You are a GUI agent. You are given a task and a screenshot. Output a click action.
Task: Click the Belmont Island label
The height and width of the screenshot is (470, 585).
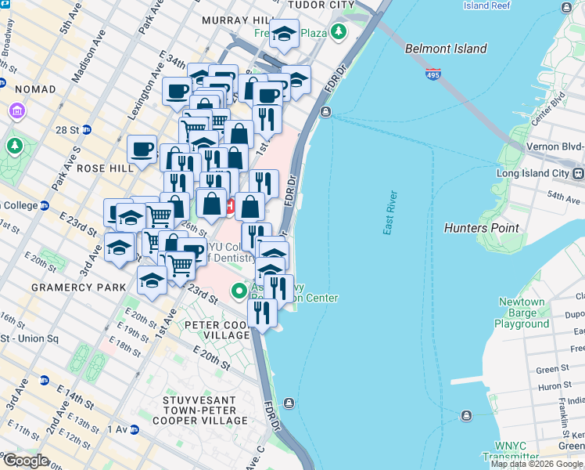[x=446, y=49]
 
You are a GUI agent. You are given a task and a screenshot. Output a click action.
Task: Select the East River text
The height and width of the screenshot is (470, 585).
[x=390, y=213]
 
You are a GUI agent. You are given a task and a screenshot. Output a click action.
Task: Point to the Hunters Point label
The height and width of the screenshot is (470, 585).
[x=481, y=228]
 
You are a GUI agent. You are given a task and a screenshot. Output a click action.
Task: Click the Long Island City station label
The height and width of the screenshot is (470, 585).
[x=535, y=173]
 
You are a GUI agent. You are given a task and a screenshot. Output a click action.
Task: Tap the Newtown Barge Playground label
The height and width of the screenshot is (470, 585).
[x=522, y=313]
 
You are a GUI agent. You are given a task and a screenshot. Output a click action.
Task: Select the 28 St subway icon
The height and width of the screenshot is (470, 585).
[x=87, y=129]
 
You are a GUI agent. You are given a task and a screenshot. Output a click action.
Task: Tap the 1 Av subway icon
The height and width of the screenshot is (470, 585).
[x=134, y=429]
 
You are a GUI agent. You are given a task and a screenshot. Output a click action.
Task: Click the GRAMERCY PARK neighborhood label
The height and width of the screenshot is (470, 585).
[x=78, y=287]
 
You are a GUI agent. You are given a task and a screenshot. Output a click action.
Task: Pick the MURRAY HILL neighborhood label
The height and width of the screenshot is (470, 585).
[x=235, y=20]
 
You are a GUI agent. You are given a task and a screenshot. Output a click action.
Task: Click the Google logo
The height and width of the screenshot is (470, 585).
[x=25, y=461]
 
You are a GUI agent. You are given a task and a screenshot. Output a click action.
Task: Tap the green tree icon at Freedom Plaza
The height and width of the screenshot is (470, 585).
[x=338, y=33]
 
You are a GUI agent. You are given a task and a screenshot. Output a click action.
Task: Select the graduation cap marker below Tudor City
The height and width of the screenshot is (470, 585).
[x=284, y=34]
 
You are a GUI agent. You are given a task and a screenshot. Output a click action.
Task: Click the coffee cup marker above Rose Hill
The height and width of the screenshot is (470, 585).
[x=143, y=149]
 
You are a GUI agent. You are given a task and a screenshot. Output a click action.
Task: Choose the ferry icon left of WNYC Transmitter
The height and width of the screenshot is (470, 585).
[x=467, y=415]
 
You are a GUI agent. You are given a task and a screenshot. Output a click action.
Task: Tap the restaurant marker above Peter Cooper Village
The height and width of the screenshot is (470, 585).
[x=263, y=312]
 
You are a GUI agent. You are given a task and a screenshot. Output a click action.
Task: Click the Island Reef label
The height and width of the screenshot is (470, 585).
[x=487, y=5]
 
